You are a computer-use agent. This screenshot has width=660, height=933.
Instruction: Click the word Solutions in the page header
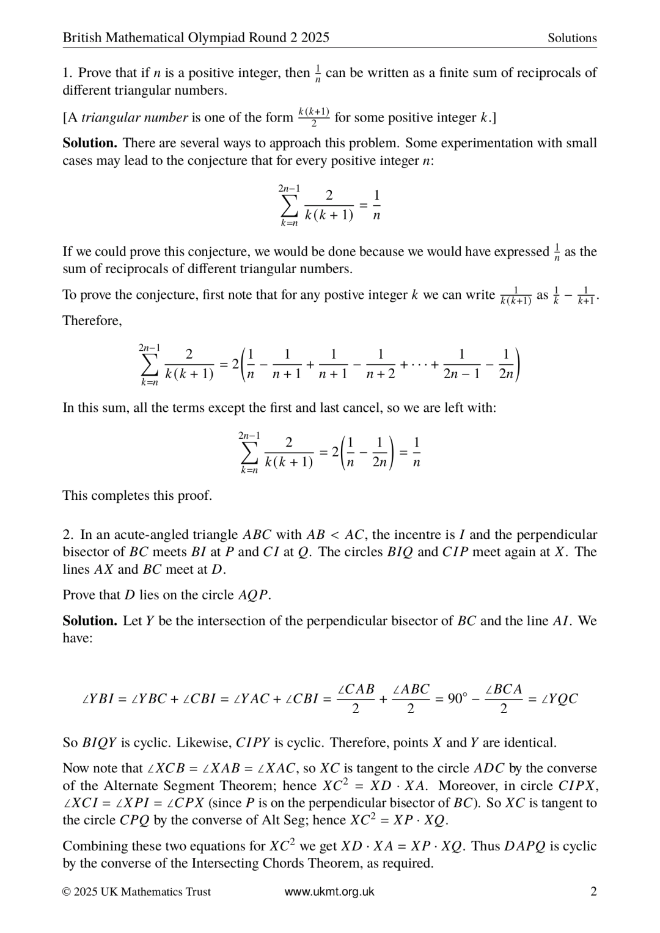(x=572, y=38)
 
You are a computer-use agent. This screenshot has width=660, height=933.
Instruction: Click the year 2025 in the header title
(x=315, y=38)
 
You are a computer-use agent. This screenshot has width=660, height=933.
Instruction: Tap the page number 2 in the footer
(x=593, y=891)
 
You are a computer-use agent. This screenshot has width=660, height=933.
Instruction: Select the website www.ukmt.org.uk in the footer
(x=329, y=891)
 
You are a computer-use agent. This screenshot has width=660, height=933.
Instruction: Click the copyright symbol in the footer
(x=67, y=892)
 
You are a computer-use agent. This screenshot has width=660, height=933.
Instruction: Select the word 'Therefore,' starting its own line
(x=92, y=321)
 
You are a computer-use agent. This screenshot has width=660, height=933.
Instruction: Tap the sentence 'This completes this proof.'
(x=137, y=496)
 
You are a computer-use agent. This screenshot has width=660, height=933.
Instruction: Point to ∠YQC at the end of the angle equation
(x=559, y=699)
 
